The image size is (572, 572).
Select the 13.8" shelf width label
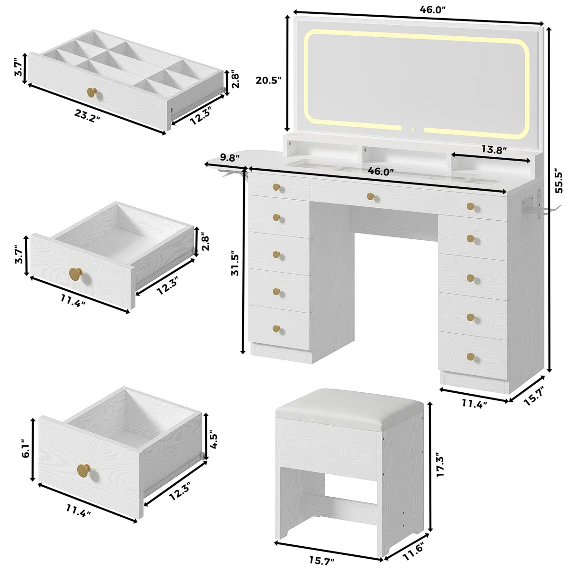tap(493, 150)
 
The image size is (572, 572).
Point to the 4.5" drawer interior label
tap(214, 439)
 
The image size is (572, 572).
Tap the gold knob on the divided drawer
tap(92, 92)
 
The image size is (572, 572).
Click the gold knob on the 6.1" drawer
tap(84, 470)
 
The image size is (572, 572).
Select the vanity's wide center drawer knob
tap(371, 196)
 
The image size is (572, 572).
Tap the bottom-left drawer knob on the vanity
tap(276, 328)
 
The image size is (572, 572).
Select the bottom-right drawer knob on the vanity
tap(470, 357)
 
